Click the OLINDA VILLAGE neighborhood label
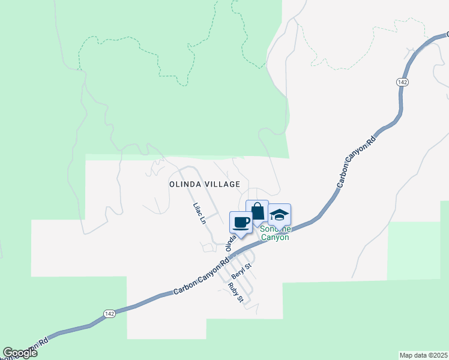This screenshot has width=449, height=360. (x=204, y=185)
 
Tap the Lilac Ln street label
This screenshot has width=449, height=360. (x=199, y=213)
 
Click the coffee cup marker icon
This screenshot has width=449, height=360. (x=241, y=223)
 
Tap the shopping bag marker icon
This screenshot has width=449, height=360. (x=258, y=212)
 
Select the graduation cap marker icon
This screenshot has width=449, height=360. (x=279, y=215)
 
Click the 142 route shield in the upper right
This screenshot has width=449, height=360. (x=402, y=82)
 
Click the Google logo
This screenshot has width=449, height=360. (x=20, y=353)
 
